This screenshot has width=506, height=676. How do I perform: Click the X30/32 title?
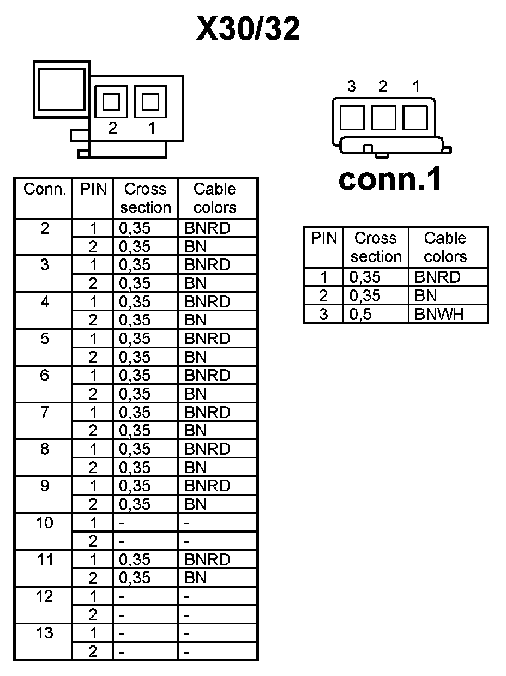pyautogui.click(x=248, y=29)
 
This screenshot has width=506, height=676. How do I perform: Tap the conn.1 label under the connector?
pyautogui.click(x=389, y=179)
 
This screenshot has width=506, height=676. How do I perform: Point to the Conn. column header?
pyautogui.click(x=44, y=190)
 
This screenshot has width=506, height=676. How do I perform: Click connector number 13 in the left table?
pyautogui.click(x=45, y=633)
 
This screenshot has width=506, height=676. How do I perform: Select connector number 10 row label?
pyautogui.click(x=45, y=523)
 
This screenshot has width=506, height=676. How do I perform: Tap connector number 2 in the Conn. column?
pyautogui.click(x=45, y=228)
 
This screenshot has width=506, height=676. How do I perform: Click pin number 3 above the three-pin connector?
pyautogui.click(x=352, y=86)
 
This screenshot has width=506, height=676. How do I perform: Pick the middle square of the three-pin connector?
pyautogui.click(x=383, y=117)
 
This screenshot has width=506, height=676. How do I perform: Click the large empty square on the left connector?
pyautogui.click(x=61, y=89)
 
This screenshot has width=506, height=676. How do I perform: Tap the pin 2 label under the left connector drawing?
pyautogui.click(x=112, y=128)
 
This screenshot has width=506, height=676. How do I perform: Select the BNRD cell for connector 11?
pyautogui.click(x=207, y=559)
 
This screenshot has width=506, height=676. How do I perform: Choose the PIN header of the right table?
pyautogui.click(x=324, y=238)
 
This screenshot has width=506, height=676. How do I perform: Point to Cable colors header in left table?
pyautogui.click(x=215, y=198)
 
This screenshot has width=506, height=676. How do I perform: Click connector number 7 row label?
pyautogui.click(x=45, y=412)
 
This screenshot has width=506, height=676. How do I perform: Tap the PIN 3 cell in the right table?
pyautogui.click(x=324, y=314)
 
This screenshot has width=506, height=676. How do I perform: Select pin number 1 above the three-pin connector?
pyautogui.click(x=416, y=86)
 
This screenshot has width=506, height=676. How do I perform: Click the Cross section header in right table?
pyautogui.click(x=375, y=247)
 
